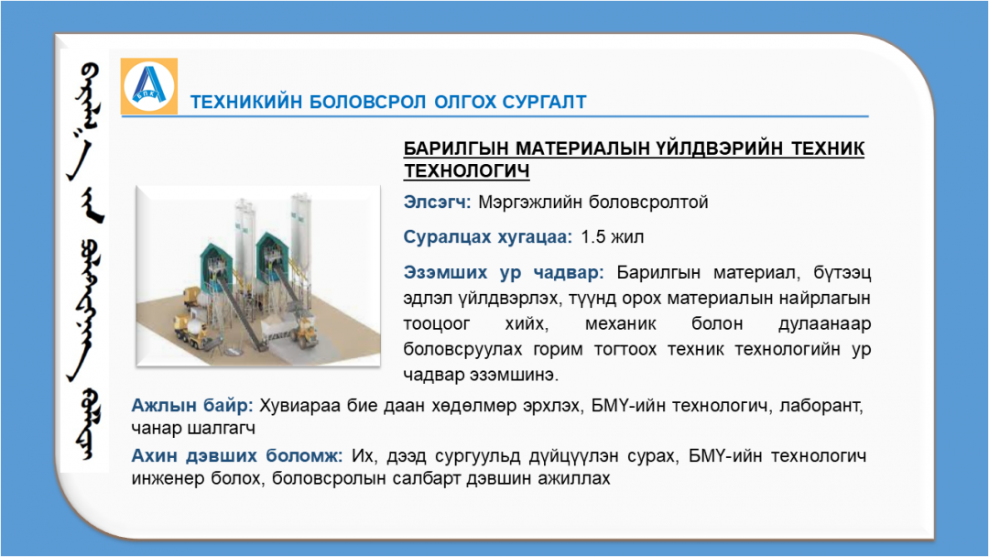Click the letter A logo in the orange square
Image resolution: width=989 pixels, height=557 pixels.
(149, 85)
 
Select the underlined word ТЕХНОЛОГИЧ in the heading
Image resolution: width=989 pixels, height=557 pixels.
(466, 171)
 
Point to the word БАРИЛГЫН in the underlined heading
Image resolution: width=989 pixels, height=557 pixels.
(456, 148)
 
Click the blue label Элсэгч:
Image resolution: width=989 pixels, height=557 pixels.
(437, 202)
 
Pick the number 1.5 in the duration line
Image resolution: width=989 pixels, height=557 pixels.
(592, 236)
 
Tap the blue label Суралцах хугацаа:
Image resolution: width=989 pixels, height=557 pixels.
(487, 237)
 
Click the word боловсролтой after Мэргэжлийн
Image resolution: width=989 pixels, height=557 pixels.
(648, 202)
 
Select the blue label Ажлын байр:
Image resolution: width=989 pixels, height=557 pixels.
(191, 405)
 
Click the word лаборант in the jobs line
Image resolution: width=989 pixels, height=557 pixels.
(821, 405)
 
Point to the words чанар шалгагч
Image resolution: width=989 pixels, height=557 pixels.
(193, 429)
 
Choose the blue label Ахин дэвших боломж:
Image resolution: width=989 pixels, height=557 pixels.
(237, 455)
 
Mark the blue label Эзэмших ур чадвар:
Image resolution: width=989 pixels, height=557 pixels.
(504, 272)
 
